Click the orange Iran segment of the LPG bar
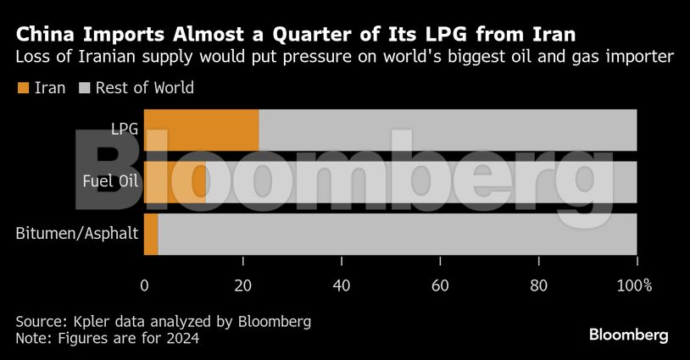tap(201, 130)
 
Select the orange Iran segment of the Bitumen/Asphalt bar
tap(151, 234)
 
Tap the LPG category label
tap(125, 130)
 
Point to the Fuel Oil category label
tap(110, 181)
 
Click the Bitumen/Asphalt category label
tap(77, 234)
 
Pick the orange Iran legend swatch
tap(22, 87)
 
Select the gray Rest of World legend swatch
tap(84, 87)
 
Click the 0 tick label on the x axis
tap(144, 285)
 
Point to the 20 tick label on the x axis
tap(242, 285)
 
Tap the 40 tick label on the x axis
tap(342, 285)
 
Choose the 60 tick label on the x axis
tap(440, 285)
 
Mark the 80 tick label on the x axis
tap(538, 285)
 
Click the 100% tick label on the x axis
tap(635, 285)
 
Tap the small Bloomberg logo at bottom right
tap(628, 335)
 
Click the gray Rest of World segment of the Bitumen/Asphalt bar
tap(397, 234)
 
